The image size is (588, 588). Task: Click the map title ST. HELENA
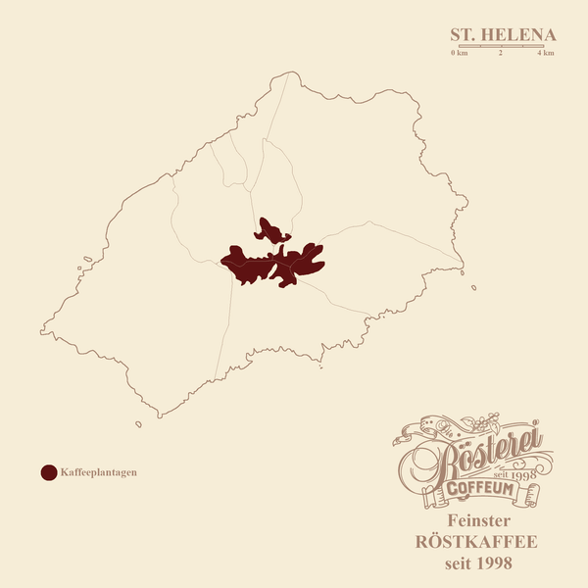[502, 34]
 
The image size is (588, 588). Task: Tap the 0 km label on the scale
[459, 53]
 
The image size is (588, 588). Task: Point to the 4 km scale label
[546, 53]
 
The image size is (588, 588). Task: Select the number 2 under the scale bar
[501, 53]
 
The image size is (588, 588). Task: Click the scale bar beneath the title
[502, 45]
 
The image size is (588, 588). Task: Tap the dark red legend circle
[48, 472]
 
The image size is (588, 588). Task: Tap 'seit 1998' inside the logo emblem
[519, 474]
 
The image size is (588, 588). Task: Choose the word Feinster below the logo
[478, 520]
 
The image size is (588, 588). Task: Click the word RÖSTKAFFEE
[478, 542]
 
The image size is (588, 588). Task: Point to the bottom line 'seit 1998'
[478, 563]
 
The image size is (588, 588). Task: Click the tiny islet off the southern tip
[138, 424]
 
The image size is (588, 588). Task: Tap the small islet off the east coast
[473, 287]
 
